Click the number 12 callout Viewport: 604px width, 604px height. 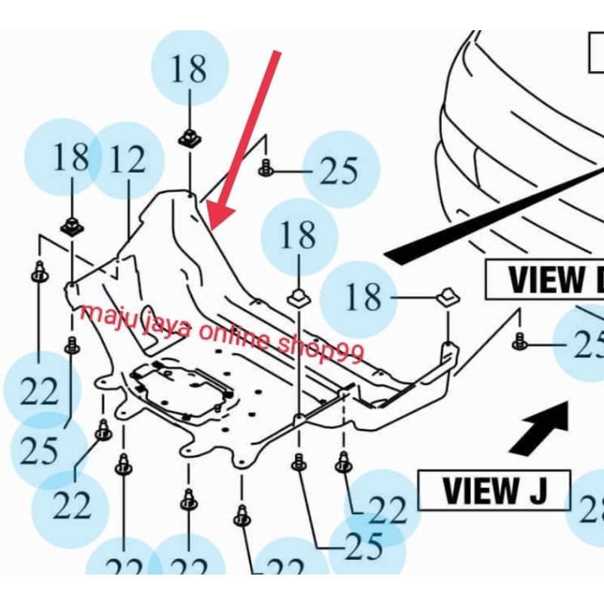[126, 161]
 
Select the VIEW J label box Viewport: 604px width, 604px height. [494, 491]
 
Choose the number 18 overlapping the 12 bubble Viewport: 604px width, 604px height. [71, 158]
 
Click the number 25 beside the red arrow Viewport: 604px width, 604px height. [339, 171]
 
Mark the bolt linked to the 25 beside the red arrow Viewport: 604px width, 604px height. [266, 167]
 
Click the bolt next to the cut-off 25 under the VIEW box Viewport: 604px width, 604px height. [519, 341]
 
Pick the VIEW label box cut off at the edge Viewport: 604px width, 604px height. [544, 280]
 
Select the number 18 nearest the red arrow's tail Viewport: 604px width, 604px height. [188, 69]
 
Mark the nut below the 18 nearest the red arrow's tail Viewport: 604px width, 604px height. [188, 138]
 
